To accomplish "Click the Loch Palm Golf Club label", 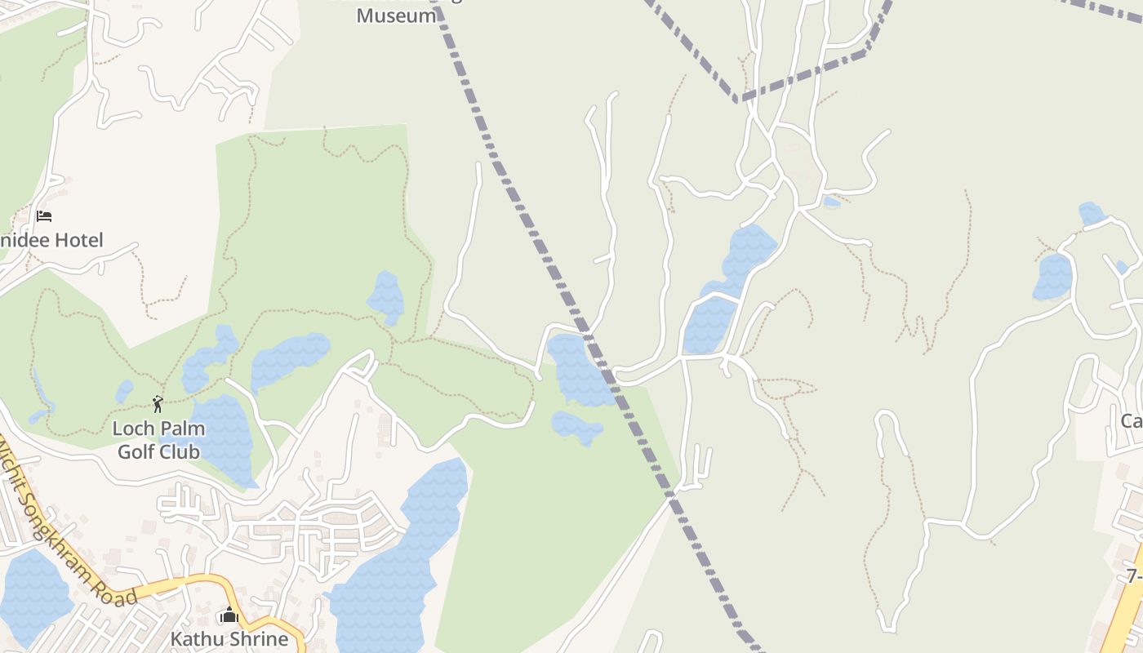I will [158, 440].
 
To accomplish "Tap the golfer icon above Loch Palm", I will [158, 403].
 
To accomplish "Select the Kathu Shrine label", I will [229, 638].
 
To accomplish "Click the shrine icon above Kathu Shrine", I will [229, 615].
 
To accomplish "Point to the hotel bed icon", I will [44, 216].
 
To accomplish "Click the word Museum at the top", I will [396, 16].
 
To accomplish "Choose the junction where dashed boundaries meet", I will [737, 100].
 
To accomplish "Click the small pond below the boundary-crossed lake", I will [576, 426].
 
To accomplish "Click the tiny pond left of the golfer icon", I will [124, 391].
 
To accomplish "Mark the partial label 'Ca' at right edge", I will [1131, 421].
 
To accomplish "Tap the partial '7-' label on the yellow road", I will [1134, 576].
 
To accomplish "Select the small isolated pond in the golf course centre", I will [386, 297].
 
